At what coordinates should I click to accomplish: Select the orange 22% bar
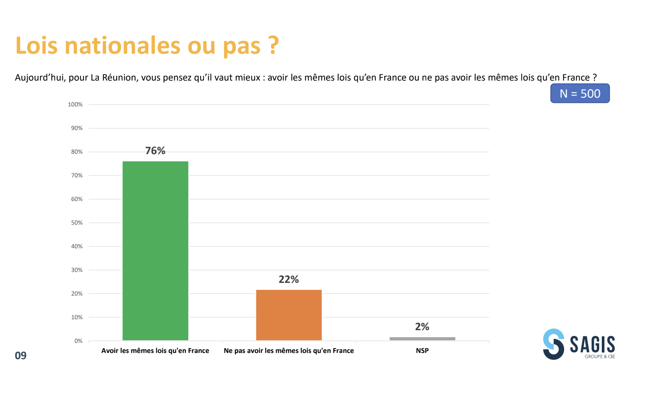(289, 315)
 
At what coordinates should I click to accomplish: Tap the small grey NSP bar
(422, 339)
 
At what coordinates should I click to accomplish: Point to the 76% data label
(155, 151)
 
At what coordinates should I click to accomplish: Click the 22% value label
(289, 279)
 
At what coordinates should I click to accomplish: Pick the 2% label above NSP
(422, 327)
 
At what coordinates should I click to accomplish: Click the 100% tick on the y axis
(75, 105)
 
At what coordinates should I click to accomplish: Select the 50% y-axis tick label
(77, 223)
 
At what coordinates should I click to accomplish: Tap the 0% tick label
(78, 341)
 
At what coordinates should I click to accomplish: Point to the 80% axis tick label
(77, 152)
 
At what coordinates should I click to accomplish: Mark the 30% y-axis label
(77, 270)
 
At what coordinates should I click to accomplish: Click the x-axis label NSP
(422, 351)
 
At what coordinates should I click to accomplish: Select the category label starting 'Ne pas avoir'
(289, 351)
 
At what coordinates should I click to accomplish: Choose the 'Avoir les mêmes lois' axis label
(155, 351)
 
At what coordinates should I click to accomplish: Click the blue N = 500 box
(580, 94)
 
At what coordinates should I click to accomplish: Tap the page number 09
(21, 356)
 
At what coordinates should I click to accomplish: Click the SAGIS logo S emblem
(554, 344)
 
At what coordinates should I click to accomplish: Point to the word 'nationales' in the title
(123, 46)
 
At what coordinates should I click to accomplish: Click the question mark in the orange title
(274, 46)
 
